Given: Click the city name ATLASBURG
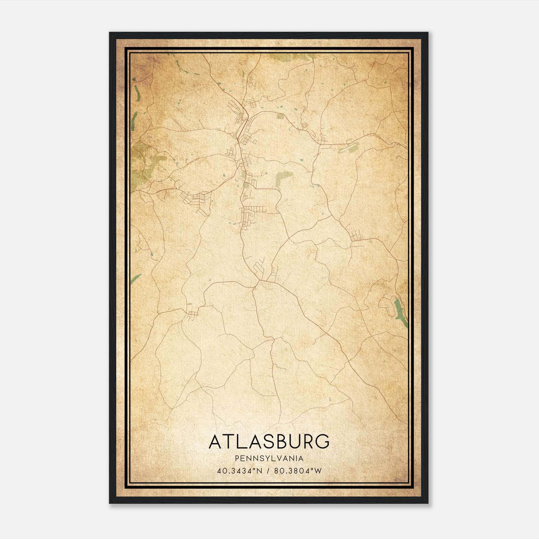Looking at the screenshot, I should point(269,442).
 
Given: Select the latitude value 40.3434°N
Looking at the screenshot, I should point(240,471).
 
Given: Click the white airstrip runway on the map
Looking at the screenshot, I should point(347,148).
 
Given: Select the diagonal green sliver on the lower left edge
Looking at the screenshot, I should point(135,279).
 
